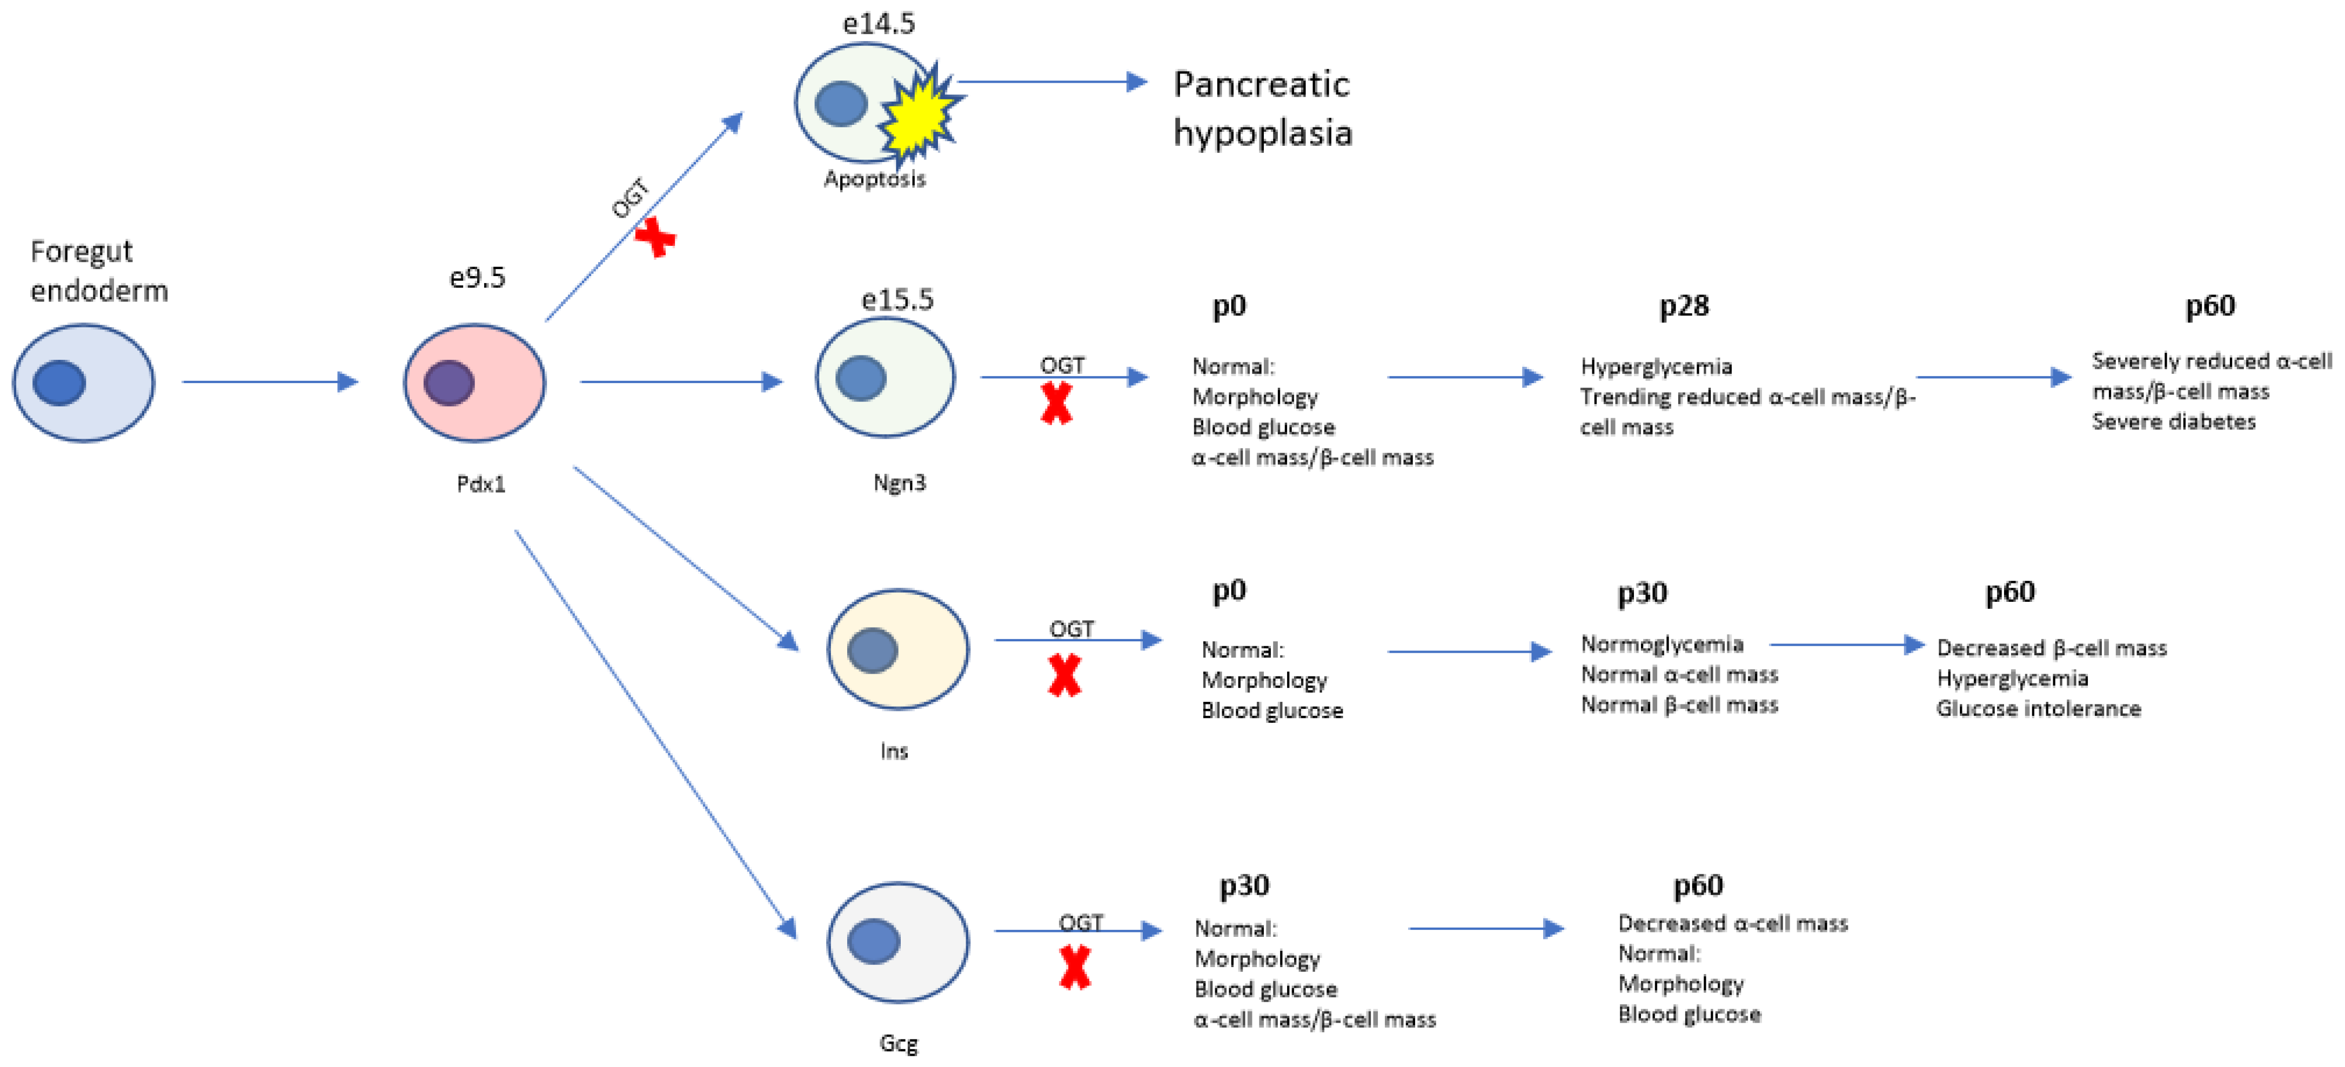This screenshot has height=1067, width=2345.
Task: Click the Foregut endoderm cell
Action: pos(84,382)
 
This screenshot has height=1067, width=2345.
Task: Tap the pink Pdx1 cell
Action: pos(474,382)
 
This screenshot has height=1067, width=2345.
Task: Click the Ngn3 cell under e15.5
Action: pos(885,377)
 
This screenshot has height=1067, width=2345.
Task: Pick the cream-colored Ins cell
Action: pos(897,649)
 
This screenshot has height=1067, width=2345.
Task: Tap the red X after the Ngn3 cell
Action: pos(1056,404)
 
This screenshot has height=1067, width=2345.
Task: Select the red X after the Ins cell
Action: pos(1064,675)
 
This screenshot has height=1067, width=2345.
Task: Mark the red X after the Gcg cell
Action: pos(1075,967)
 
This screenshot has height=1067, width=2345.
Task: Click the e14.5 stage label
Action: pos(879,24)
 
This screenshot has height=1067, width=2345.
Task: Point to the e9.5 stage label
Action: pos(477,277)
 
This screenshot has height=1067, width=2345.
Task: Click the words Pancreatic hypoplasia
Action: pos(1262,109)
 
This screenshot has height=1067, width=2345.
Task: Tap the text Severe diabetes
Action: pos(2173,421)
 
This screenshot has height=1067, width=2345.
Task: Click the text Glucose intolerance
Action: pos(2038,708)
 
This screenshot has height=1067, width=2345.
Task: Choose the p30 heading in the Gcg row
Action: pos(1243,885)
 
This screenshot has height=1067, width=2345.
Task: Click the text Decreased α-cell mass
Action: pos(1732,923)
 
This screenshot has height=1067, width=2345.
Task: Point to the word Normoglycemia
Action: pos(1661,643)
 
